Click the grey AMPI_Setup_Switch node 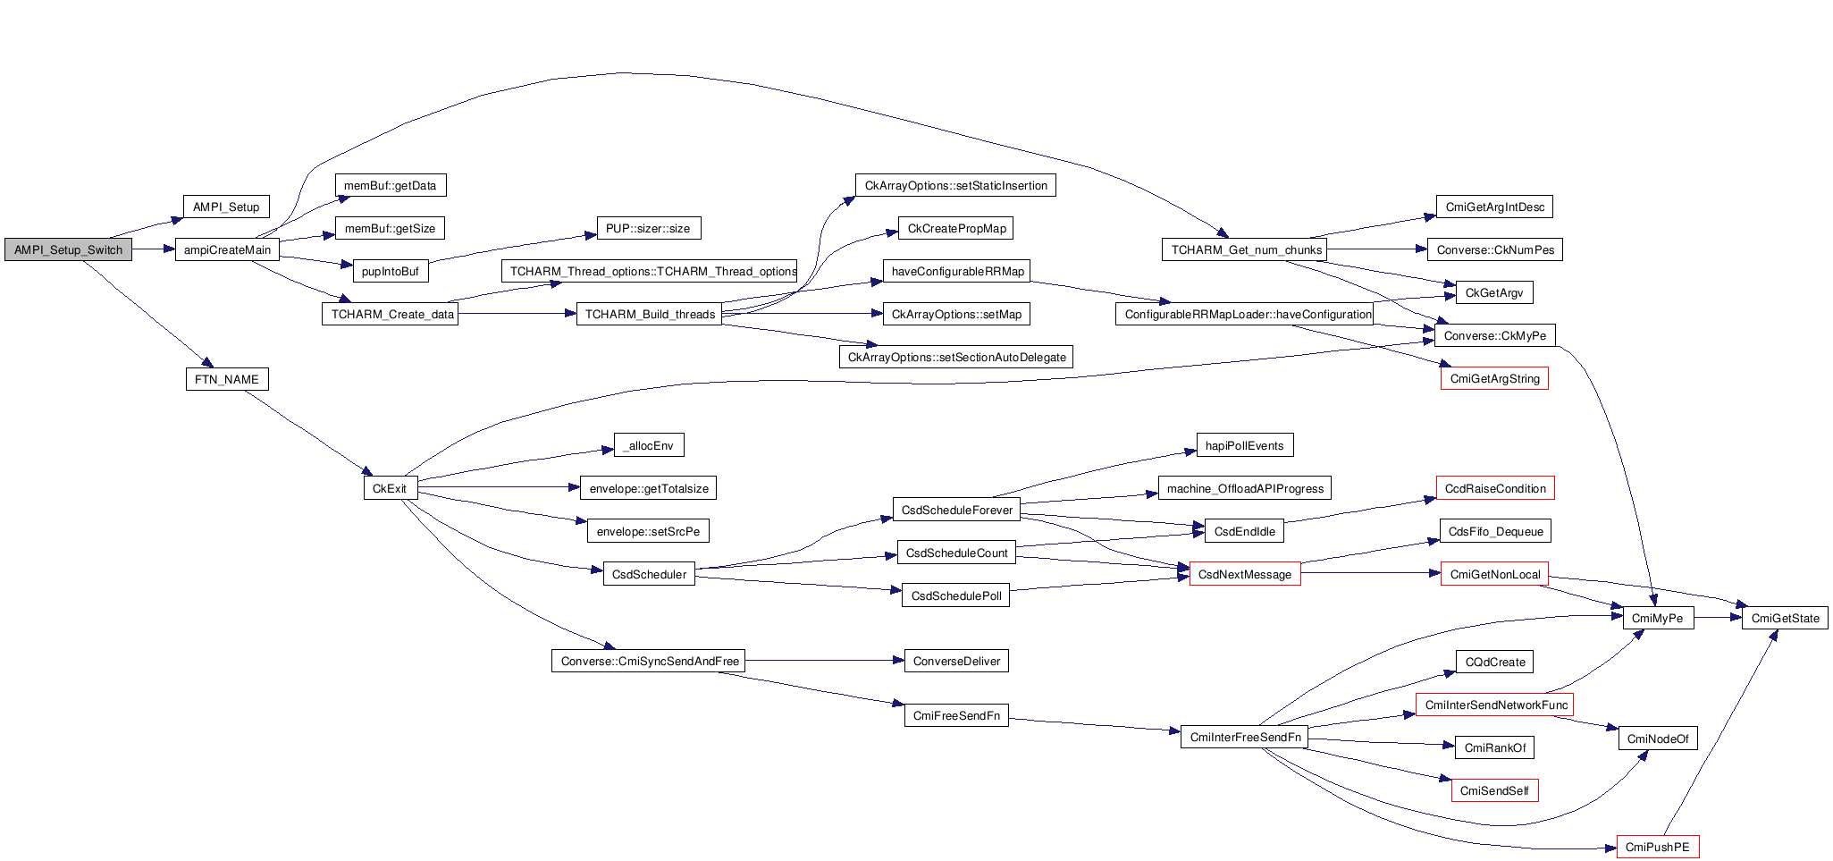(68, 250)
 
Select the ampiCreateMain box (227, 250)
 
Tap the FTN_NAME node (227, 379)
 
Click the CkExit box (390, 488)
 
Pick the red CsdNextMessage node (1244, 574)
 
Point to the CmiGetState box (1785, 618)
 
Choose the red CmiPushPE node (1657, 847)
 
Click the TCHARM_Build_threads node (650, 314)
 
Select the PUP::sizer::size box (648, 228)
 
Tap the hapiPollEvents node (1244, 445)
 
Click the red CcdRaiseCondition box (1495, 488)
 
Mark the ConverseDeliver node (956, 661)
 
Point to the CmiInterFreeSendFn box (1244, 737)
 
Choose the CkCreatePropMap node (956, 228)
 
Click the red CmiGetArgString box (1494, 379)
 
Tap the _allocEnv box (650, 445)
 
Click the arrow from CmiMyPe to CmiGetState (1718, 617)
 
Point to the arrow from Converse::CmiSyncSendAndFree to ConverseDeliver (822, 661)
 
